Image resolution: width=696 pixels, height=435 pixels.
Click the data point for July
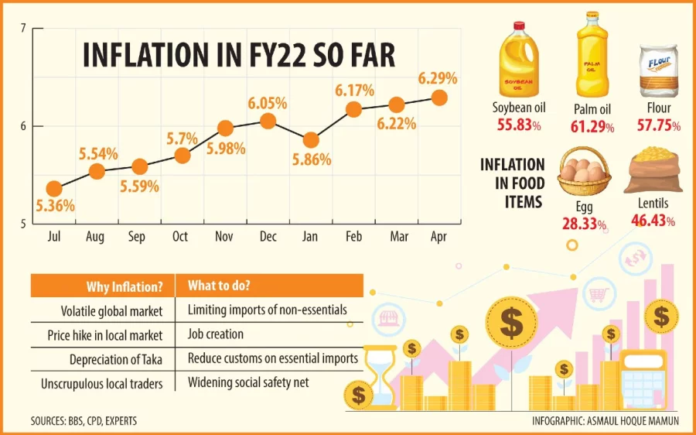[x=53, y=189]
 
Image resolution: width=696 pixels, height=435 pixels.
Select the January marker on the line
[x=311, y=140]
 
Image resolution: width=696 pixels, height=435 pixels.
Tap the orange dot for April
[x=438, y=98]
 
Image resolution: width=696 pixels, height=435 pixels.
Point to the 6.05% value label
[x=268, y=103]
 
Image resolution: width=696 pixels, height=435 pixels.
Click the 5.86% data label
[x=312, y=160]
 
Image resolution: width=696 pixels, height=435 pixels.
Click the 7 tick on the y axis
[x=24, y=29]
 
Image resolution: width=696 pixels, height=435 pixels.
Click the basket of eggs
[x=585, y=175]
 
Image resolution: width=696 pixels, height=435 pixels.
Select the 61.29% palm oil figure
[x=594, y=125]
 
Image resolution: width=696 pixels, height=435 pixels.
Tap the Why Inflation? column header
[x=125, y=286]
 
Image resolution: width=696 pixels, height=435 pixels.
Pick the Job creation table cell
[x=216, y=334]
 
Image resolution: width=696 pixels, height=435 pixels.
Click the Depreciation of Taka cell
[x=116, y=359]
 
